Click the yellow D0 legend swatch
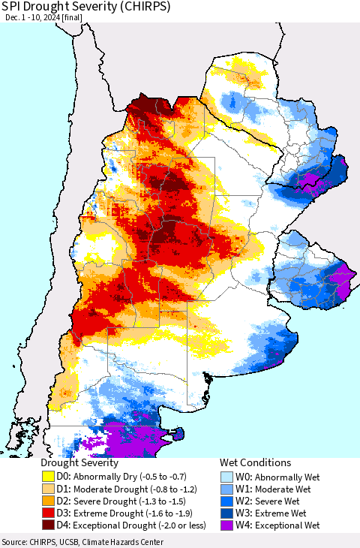[49, 477]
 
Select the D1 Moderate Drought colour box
[49, 489]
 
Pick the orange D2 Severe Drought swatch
[49, 502]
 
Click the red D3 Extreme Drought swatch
[49, 515]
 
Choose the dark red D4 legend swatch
[49, 528]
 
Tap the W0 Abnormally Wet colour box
[228, 477]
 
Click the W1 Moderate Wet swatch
[228, 489]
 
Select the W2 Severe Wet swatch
[228, 502]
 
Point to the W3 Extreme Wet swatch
[228, 515]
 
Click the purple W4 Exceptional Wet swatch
[228, 528]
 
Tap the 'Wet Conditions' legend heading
[255, 463]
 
